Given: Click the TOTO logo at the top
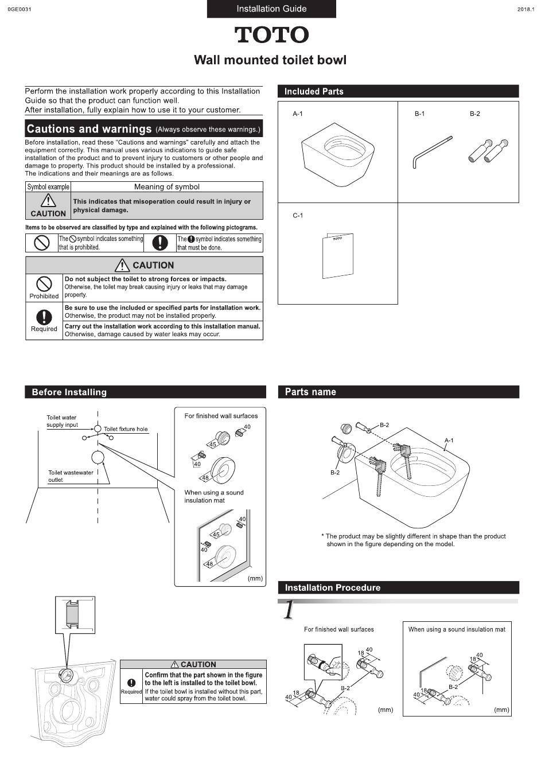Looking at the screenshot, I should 271,35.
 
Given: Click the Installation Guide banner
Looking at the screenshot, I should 271,9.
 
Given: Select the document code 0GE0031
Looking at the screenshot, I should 20,10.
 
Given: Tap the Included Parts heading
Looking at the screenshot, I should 314,91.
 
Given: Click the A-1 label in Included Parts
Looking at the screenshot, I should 298,114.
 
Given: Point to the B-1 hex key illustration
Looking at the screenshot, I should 432,152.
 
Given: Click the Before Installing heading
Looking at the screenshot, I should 69,392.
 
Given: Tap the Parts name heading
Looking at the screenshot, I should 310,392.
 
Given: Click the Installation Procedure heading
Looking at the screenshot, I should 333,587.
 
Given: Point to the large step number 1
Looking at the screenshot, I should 289,609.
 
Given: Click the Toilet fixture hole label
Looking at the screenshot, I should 126,429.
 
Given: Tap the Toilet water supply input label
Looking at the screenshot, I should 62,421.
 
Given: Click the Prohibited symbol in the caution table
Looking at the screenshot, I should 44,283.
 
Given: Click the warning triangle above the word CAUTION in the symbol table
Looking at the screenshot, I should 48,200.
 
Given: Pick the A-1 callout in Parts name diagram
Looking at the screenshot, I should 449,441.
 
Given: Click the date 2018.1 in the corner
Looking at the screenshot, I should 525,10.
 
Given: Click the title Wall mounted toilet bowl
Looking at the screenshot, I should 270,60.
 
